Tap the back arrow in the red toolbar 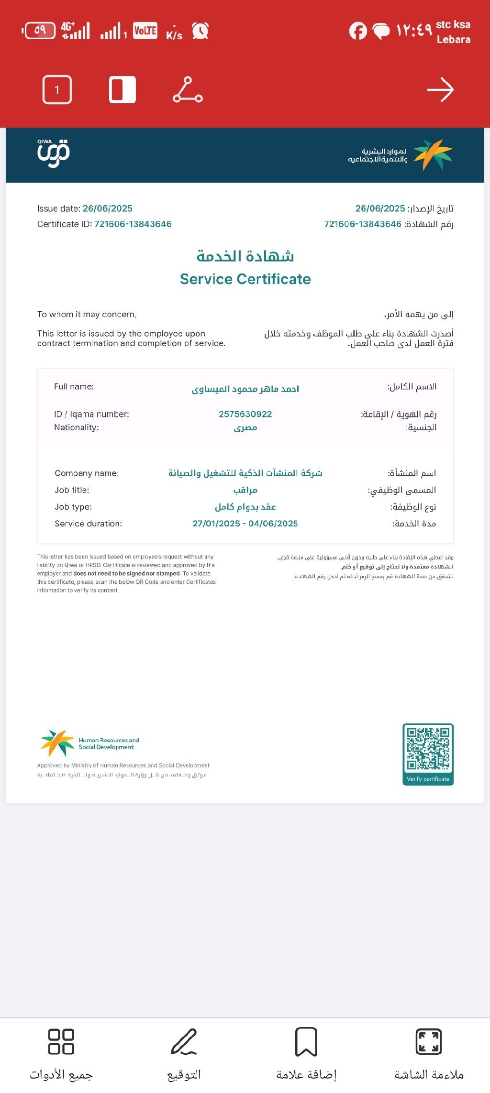[x=440, y=90]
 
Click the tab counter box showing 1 [x=57, y=90]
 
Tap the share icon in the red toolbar [x=188, y=90]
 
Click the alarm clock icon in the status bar [x=200, y=31]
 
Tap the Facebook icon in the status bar [x=357, y=31]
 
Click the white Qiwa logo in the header [x=54, y=153]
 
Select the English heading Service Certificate [x=245, y=279]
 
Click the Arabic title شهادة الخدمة [x=245, y=256]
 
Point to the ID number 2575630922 [x=245, y=414]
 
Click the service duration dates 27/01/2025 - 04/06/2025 [x=245, y=524]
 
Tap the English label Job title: [x=72, y=490]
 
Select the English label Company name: [x=87, y=473]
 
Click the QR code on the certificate [x=428, y=749]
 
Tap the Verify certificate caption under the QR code [x=428, y=779]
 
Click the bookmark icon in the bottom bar [x=306, y=1041]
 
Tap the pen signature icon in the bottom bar [x=184, y=1041]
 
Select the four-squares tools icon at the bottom [x=61, y=1041]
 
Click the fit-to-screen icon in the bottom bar [x=429, y=1041]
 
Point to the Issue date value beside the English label [x=108, y=208]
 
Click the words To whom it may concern [x=87, y=314]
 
